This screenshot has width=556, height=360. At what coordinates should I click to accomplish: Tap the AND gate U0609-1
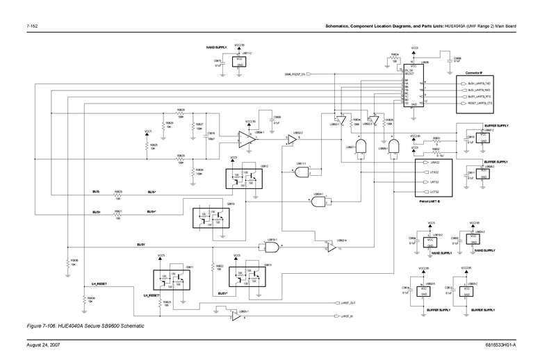pyautogui.click(x=320, y=202)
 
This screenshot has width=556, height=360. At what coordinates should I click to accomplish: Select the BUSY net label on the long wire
pyautogui.click(x=140, y=245)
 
